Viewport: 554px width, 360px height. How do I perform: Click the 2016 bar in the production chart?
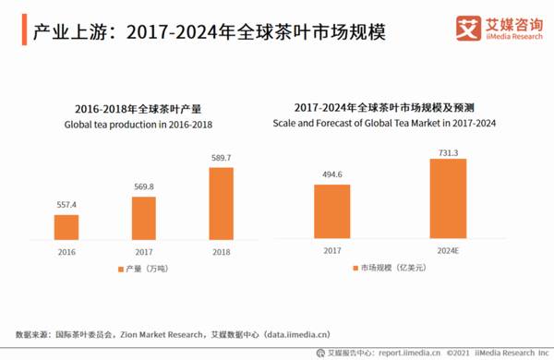[x=66, y=227]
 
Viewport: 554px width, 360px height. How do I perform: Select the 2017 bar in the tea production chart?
[x=143, y=218]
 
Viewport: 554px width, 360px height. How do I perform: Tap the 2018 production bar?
[x=221, y=203]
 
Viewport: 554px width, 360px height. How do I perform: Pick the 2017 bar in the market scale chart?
[x=331, y=211]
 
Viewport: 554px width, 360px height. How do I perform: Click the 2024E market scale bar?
[x=448, y=198]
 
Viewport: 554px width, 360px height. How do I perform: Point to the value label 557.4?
[x=66, y=205]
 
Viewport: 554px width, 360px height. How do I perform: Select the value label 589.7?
[x=221, y=158]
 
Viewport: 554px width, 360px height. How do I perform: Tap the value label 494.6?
[x=331, y=174]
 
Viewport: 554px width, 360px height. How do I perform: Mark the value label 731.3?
[x=448, y=150]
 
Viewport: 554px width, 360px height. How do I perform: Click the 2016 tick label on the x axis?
[x=66, y=250]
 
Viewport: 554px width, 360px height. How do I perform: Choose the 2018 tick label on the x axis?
[x=221, y=250]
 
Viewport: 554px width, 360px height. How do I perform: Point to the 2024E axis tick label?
[x=448, y=250]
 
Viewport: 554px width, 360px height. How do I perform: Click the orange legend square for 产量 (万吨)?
[x=120, y=269]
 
